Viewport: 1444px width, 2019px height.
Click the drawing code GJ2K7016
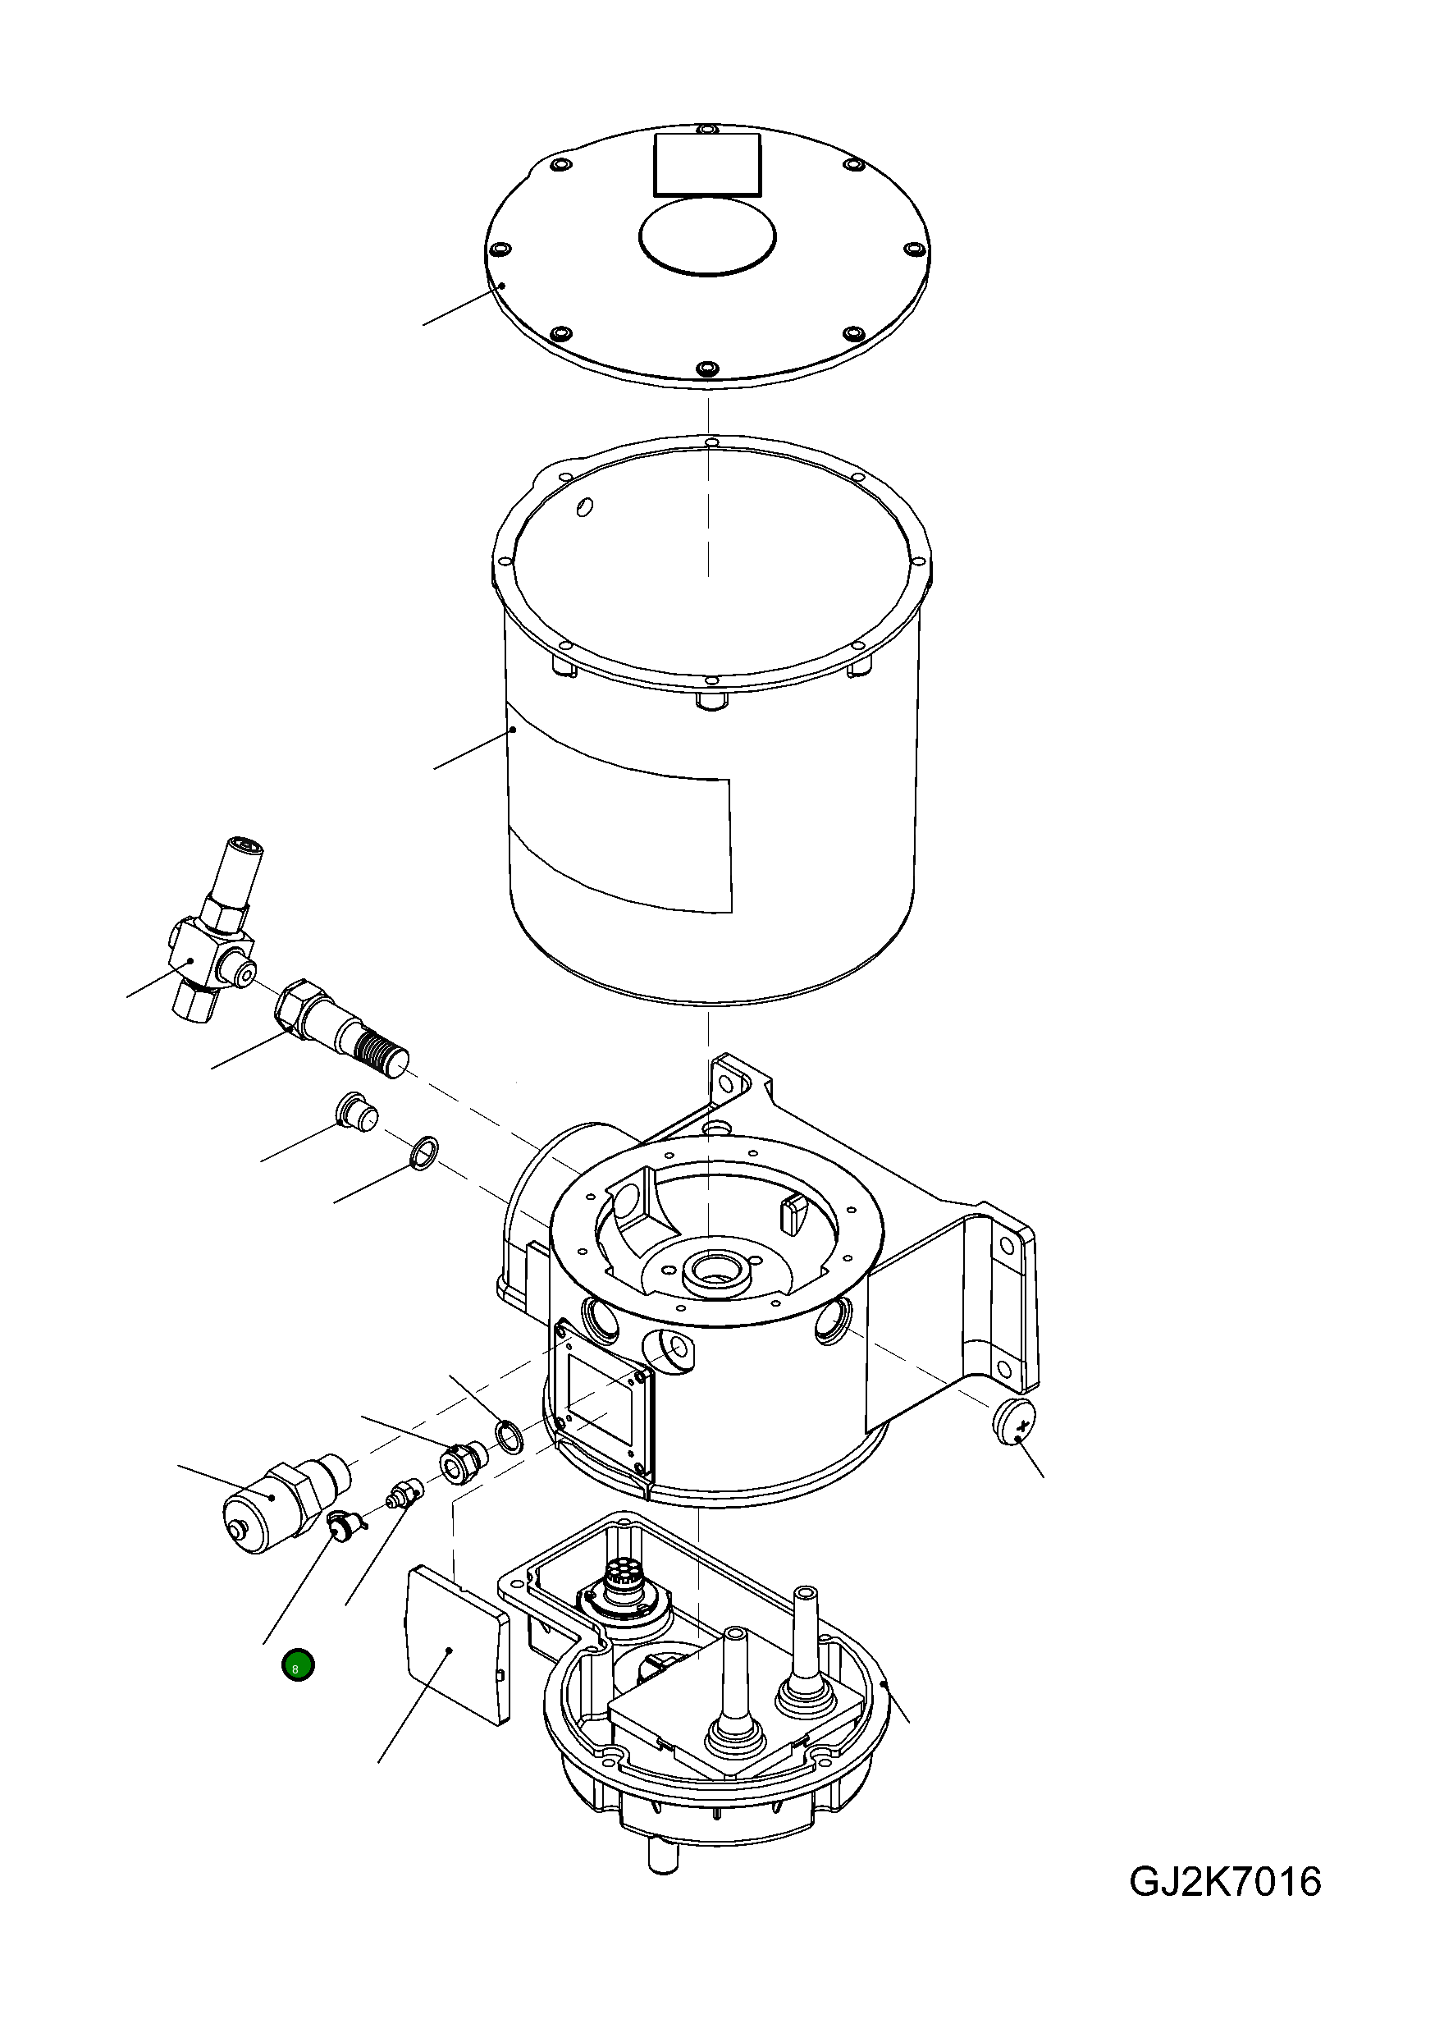point(1224,1883)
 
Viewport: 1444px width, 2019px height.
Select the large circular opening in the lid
point(707,236)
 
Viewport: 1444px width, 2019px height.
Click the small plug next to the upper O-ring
point(355,1112)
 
